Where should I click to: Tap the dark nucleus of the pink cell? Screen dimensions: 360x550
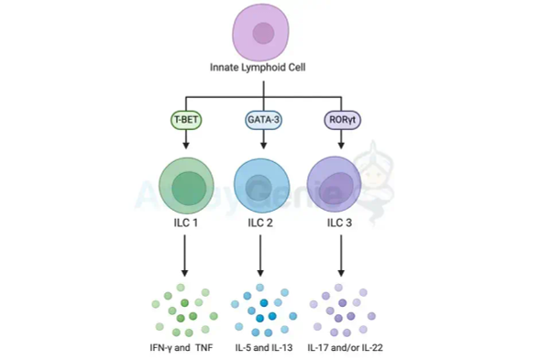click(x=265, y=35)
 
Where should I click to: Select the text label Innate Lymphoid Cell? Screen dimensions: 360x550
click(x=264, y=70)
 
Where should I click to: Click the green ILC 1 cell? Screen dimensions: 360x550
click(x=185, y=181)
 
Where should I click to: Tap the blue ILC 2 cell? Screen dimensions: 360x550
click(x=263, y=181)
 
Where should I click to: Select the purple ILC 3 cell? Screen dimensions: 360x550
click(x=341, y=181)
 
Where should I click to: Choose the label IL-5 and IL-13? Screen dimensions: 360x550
click(x=263, y=348)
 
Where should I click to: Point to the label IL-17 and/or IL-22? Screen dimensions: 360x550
click(x=342, y=348)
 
